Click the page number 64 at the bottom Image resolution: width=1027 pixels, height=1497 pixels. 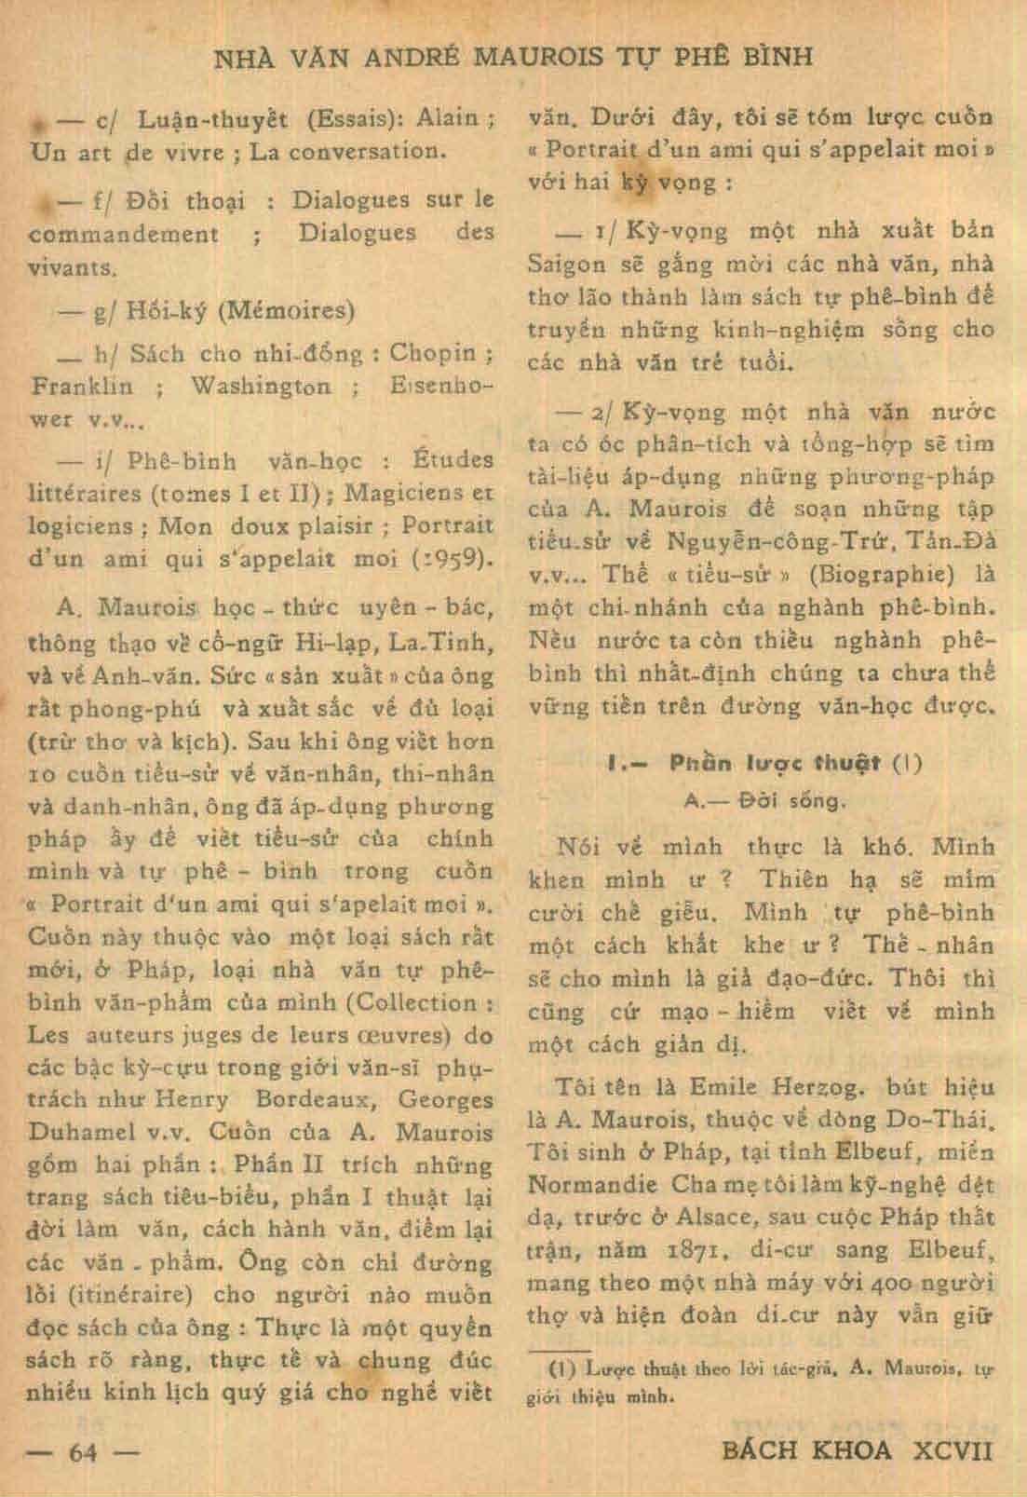tap(84, 1451)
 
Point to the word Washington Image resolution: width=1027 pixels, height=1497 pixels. tap(260, 386)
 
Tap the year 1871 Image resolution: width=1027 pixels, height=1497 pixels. tap(689, 1249)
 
